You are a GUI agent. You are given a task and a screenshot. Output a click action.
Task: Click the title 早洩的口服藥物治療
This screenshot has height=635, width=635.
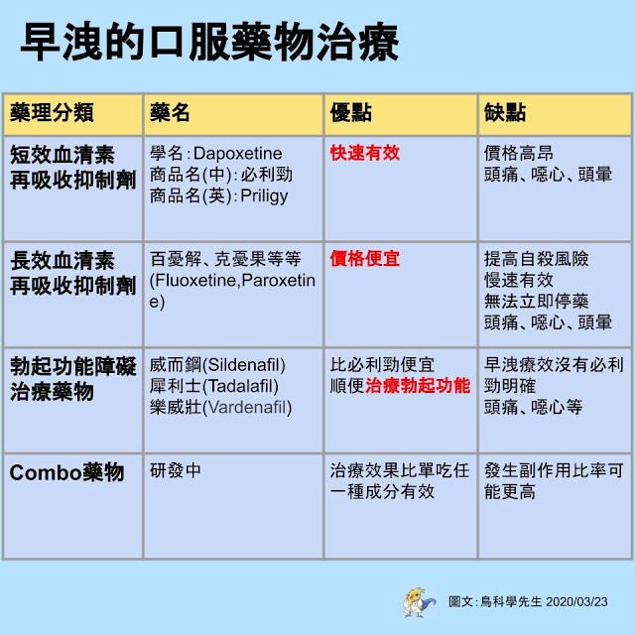(209, 42)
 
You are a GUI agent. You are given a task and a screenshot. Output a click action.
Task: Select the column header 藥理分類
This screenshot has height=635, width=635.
(52, 112)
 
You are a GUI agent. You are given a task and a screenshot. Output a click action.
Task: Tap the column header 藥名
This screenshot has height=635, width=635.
(170, 112)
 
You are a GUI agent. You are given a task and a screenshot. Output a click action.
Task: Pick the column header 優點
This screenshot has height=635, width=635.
(350, 112)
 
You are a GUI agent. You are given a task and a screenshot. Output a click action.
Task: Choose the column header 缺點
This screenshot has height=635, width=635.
(505, 112)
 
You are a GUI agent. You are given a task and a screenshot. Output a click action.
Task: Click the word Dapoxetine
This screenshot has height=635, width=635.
(238, 154)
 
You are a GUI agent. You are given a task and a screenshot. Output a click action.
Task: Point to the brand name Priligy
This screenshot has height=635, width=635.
(264, 196)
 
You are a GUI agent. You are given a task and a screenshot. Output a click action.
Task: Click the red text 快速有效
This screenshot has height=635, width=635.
(365, 153)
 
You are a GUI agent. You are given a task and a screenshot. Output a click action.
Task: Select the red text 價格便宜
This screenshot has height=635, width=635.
(365, 259)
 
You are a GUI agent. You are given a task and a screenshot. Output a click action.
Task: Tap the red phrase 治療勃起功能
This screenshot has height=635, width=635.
(418, 386)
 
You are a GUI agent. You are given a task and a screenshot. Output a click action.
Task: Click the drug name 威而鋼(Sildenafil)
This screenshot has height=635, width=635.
(217, 365)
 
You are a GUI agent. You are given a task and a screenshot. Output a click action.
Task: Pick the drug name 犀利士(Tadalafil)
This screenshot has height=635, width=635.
(214, 386)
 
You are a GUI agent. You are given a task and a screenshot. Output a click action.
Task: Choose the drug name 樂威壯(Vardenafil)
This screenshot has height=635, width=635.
(220, 408)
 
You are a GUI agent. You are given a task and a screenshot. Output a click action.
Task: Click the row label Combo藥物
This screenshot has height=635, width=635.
(66, 472)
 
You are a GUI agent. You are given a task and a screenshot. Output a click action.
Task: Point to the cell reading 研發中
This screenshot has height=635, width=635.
(175, 470)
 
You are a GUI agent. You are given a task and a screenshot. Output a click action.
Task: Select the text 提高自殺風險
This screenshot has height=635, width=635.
(536, 259)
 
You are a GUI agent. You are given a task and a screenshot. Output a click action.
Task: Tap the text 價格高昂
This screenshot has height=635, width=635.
(519, 154)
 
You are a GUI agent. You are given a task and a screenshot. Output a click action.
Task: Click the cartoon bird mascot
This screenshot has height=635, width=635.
(419, 602)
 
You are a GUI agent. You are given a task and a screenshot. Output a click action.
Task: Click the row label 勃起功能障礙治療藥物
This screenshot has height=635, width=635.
(72, 379)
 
